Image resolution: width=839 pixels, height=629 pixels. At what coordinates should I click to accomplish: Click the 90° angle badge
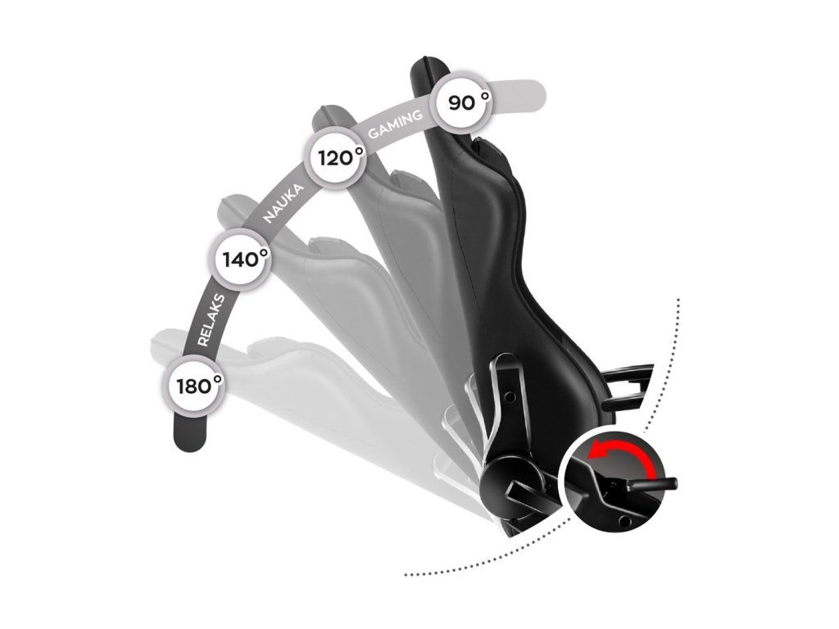pos(465,103)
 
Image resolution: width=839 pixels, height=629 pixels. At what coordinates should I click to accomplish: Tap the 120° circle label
pos(336,157)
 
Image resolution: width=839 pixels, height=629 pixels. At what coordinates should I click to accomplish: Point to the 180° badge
pos(196,385)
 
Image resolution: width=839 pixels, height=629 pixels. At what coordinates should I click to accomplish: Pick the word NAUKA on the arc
pos(283,204)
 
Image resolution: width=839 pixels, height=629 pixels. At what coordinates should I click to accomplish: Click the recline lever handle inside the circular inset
pos(651,484)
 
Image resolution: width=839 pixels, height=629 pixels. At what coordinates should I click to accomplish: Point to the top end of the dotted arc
pos(678,300)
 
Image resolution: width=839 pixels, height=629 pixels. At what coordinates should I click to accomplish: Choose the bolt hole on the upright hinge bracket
pos(510,396)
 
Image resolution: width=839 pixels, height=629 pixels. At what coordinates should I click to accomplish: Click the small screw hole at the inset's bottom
pos(627,521)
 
